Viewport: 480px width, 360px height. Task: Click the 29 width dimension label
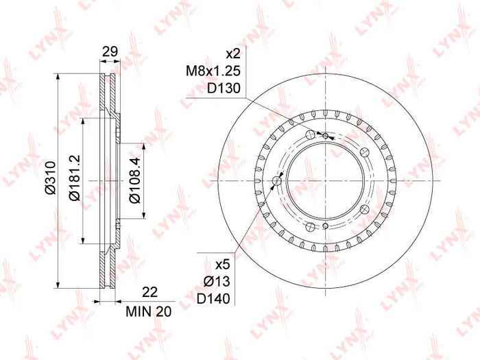[110, 51]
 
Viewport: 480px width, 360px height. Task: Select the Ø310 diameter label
[49, 177]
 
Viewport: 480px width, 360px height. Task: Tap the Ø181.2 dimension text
[74, 178]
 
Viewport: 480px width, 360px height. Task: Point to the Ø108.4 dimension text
[134, 180]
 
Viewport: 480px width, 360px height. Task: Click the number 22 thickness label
[149, 292]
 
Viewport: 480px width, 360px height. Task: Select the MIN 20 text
[149, 311]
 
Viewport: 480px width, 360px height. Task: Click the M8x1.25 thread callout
[214, 71]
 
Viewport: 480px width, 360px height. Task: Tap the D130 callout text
[224, 88]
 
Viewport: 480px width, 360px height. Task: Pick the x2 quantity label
[233, 54]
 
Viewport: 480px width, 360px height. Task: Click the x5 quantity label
[222, 265]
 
